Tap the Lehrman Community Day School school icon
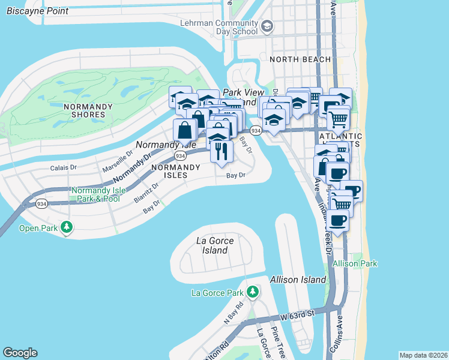pos(267,26)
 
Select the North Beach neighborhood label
pos(300,59)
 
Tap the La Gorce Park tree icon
pos(253,292)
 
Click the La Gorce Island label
pos(215,245)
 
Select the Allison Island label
pos(298,280)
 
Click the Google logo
pos(20,353)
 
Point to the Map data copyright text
pos(423,355)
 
